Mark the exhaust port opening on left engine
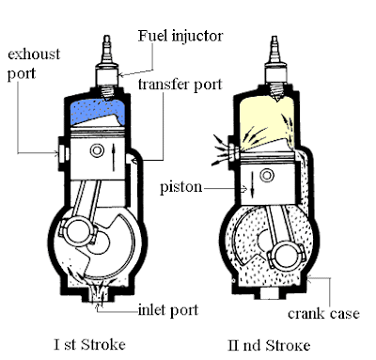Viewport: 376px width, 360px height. (61, 147)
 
